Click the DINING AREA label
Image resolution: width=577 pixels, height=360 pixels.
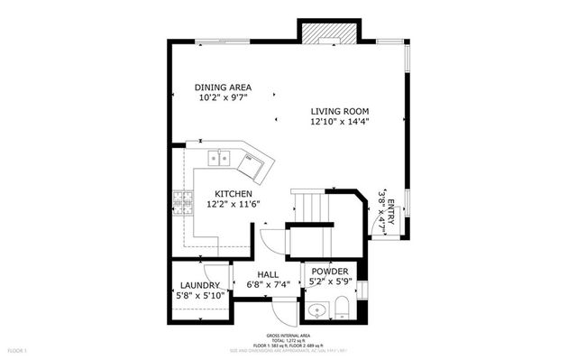click(x=222, y=88)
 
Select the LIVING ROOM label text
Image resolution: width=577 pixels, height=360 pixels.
click(x=340, y=112)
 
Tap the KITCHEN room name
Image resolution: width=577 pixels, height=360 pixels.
click(x=233, y=194)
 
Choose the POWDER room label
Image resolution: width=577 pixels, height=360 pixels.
click(x=330, y=272)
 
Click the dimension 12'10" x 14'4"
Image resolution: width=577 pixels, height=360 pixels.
click(x=340, y=122)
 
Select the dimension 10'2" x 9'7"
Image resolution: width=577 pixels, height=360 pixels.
click(x=222, y=97)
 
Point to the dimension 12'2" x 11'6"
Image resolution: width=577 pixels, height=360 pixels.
click(x=233, y=205)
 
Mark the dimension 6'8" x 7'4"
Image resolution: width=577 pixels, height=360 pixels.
click(x=269, y=285)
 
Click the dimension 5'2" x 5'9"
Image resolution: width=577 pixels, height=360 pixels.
click(x=330, y=282)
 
